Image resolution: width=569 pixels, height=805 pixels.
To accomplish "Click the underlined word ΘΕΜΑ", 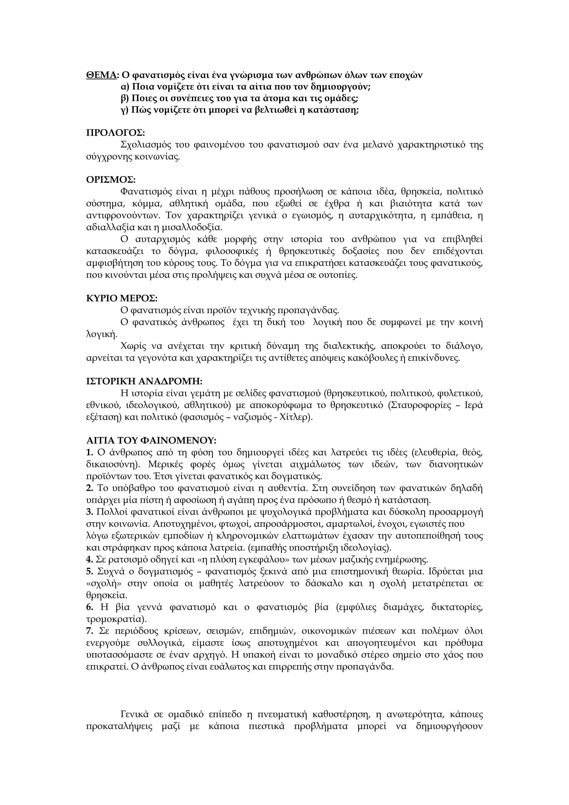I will click(101, 75).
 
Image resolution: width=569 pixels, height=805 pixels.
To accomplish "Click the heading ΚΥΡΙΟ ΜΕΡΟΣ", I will click(122, 298).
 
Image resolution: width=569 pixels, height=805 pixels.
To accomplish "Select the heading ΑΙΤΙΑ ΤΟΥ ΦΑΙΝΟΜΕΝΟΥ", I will click(151, 440).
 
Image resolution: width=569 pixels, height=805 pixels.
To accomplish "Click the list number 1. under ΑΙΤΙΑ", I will click(89, 452).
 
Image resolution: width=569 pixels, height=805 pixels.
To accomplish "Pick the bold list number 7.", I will click(89, 631).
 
